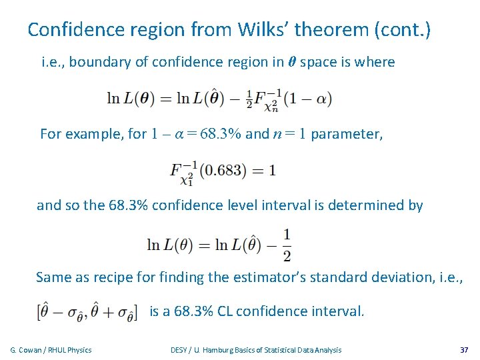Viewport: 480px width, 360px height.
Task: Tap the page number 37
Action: (x=464, y=350)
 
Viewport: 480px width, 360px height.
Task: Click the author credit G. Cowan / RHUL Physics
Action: (x=51, y=350)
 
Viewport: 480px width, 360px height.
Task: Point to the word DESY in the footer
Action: (x=179, y=350)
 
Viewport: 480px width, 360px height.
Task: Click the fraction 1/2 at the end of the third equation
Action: (x=287, y=245)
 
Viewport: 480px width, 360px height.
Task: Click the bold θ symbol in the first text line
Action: (x=291, y=63)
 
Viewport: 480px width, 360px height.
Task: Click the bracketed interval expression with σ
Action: (x=86, y=312)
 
